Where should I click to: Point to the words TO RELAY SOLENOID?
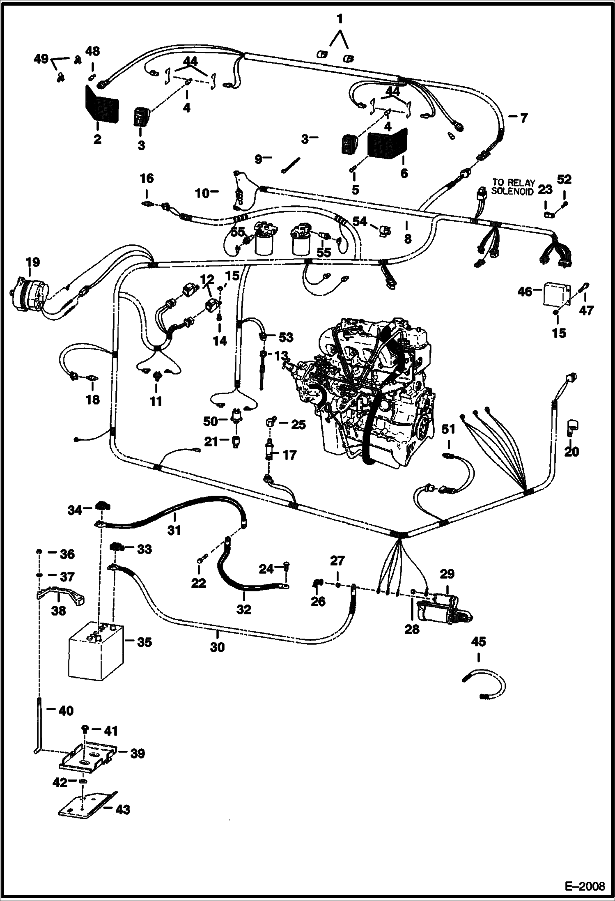513,187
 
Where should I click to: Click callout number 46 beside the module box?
524,292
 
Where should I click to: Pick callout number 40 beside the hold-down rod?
66,711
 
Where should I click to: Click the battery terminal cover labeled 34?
101,506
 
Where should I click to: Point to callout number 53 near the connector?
286,337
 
